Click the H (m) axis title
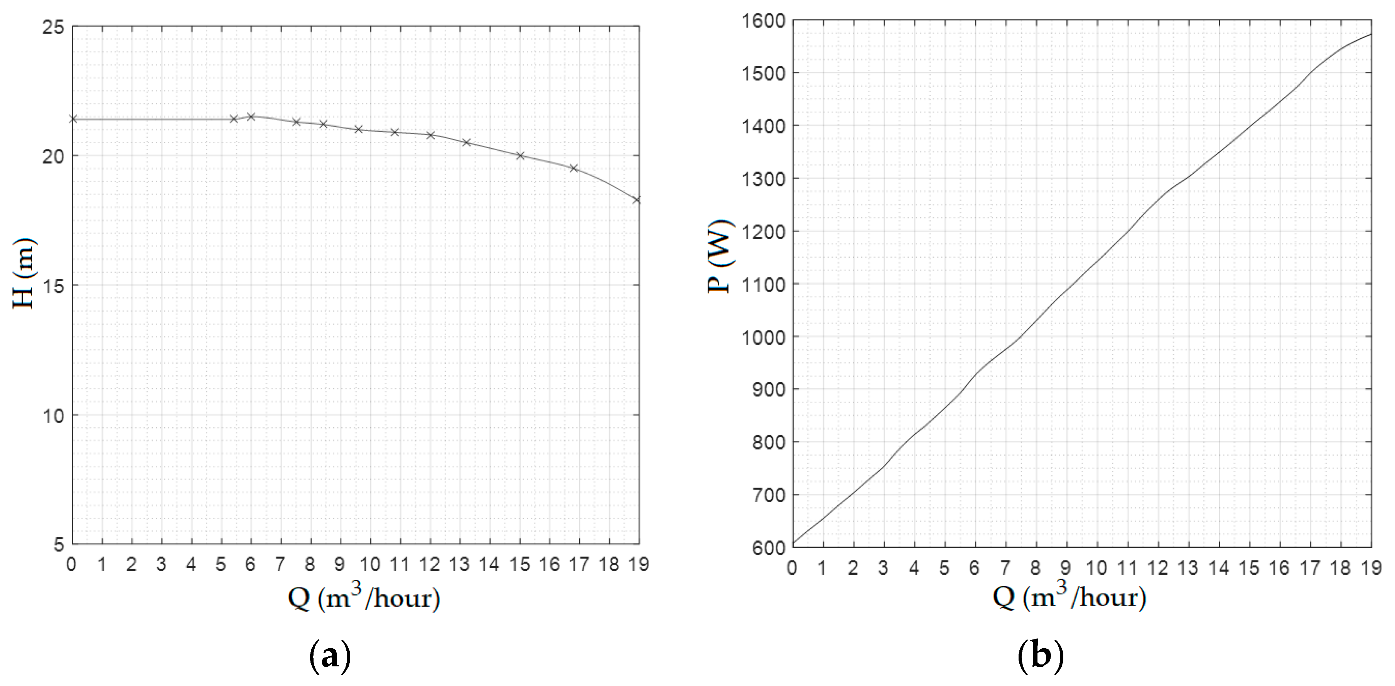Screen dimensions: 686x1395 click(x=24, y=273)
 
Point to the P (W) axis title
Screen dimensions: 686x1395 click(x=720, y=257)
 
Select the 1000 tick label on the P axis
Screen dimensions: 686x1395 click(x=765, y=337)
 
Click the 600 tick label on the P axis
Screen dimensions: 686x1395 click(x=769, y=547)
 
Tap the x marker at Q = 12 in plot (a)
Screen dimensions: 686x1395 click(x=430, y=135)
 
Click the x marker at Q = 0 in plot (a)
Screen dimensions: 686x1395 click(x=74, y=119)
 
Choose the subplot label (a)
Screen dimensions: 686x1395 click(x=330, y=657)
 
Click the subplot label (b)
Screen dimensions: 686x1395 click(x=1041, y=657)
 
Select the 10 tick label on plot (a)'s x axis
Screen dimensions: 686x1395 click(x=370, y=565)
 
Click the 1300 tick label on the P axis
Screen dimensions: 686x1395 click(x=765, y=179)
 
